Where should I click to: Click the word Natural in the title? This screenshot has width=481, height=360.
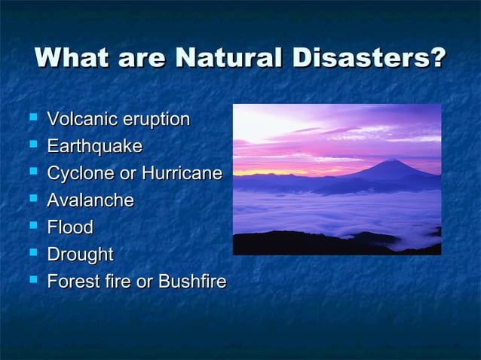pos(230,59)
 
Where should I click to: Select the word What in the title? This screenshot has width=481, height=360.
pos(70,59)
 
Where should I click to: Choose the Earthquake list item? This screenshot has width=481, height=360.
pos(94,146)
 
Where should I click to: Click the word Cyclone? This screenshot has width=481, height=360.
pos(81,174)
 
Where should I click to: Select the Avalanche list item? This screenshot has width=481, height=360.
pos(90,200)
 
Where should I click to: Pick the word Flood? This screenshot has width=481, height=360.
pos(70,227)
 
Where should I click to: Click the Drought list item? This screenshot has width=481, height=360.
pos(80,255)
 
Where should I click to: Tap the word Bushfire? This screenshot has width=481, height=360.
pos(191,282)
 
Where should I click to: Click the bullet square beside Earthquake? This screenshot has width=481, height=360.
pos(32,145)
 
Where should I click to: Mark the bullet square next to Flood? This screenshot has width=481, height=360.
pos(32,226)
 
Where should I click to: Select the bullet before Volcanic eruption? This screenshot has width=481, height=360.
pos(32,117)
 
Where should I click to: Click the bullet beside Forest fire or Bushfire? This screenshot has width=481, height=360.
pos(32,280)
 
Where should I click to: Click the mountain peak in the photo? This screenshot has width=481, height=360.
pos(391,160)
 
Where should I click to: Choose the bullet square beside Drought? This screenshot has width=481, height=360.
pos(32,253)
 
